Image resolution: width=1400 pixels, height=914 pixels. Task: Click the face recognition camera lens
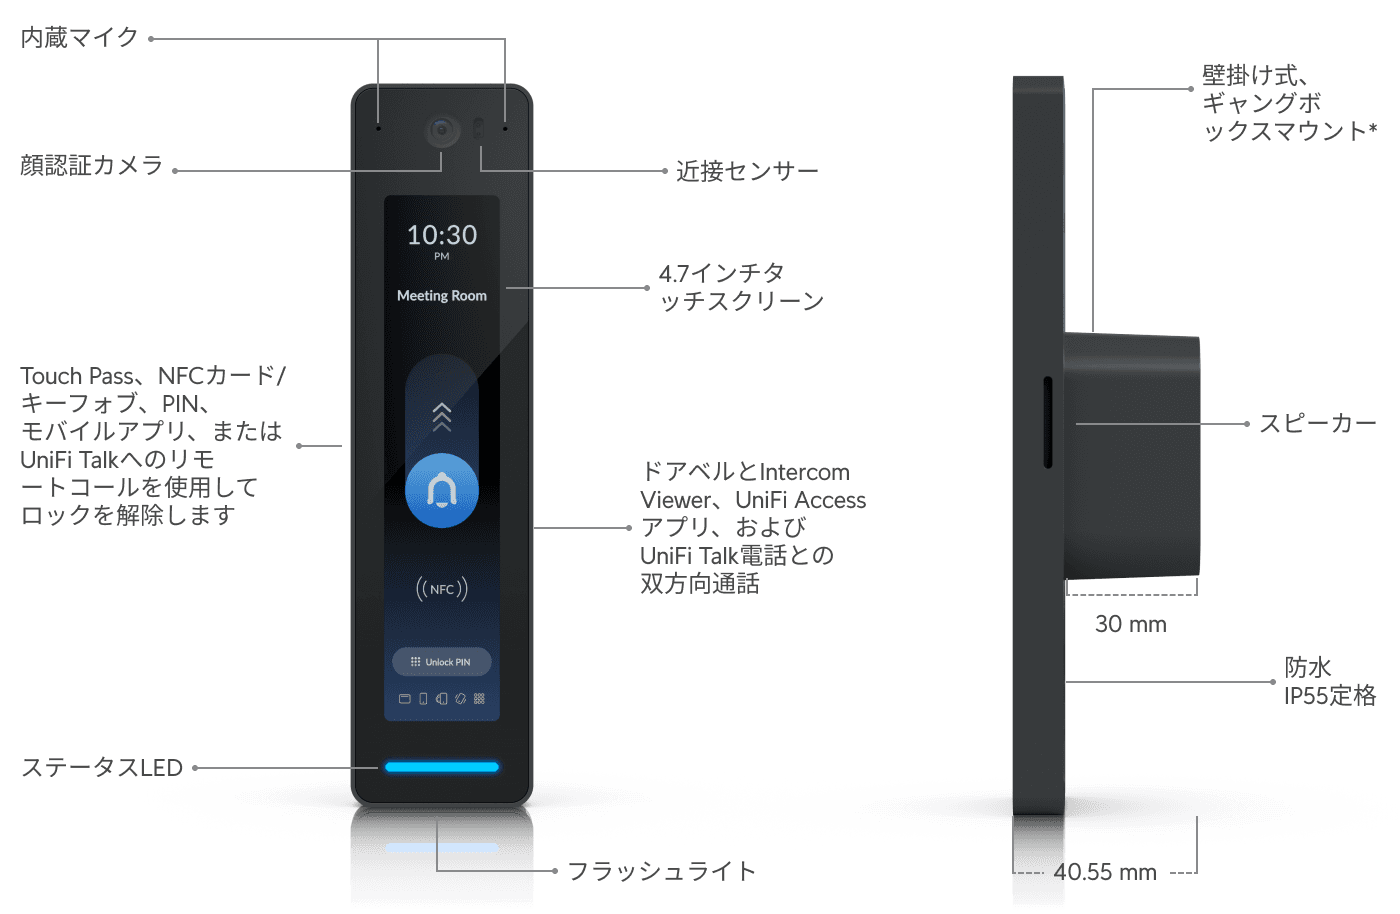[x=442, y=131]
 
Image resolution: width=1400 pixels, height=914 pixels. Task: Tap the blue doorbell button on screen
[x=442, y=490]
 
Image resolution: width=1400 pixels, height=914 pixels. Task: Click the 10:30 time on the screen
[x=442, y=235]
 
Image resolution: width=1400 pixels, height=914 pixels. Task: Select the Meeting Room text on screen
[x=442, y=296]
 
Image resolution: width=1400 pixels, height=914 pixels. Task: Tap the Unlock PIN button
[x=442, y=662]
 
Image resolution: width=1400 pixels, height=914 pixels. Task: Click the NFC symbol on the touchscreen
[x=442, y=589]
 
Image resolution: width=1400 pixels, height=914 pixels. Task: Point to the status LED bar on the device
[x=442, y=767]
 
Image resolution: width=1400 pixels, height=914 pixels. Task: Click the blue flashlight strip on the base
[x=442, y=848]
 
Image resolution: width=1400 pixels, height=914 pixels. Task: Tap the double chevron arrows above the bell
[x=442, y=416]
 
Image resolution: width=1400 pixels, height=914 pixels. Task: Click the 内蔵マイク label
[x=80, y=38]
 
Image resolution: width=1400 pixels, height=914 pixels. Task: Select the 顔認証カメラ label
[x=91, y=166]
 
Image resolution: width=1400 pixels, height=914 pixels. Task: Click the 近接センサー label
[x=747, y=172]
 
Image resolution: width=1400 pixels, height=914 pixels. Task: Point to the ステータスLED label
[x=102, y=768]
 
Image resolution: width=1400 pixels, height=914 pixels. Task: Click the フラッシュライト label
[x=662, y=872]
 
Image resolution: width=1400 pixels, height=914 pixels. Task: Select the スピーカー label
[x=1317, y=424]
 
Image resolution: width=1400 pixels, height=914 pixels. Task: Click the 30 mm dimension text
[x=1130, y=624]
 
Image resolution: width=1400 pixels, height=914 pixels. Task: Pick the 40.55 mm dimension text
[x=1105, y=872]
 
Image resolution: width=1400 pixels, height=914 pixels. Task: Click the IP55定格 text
[x=1330, y=695]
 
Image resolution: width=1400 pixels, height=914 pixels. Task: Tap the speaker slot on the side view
[x=1048, y=422]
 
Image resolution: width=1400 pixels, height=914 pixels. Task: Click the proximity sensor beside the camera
[x=478, y=129]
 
